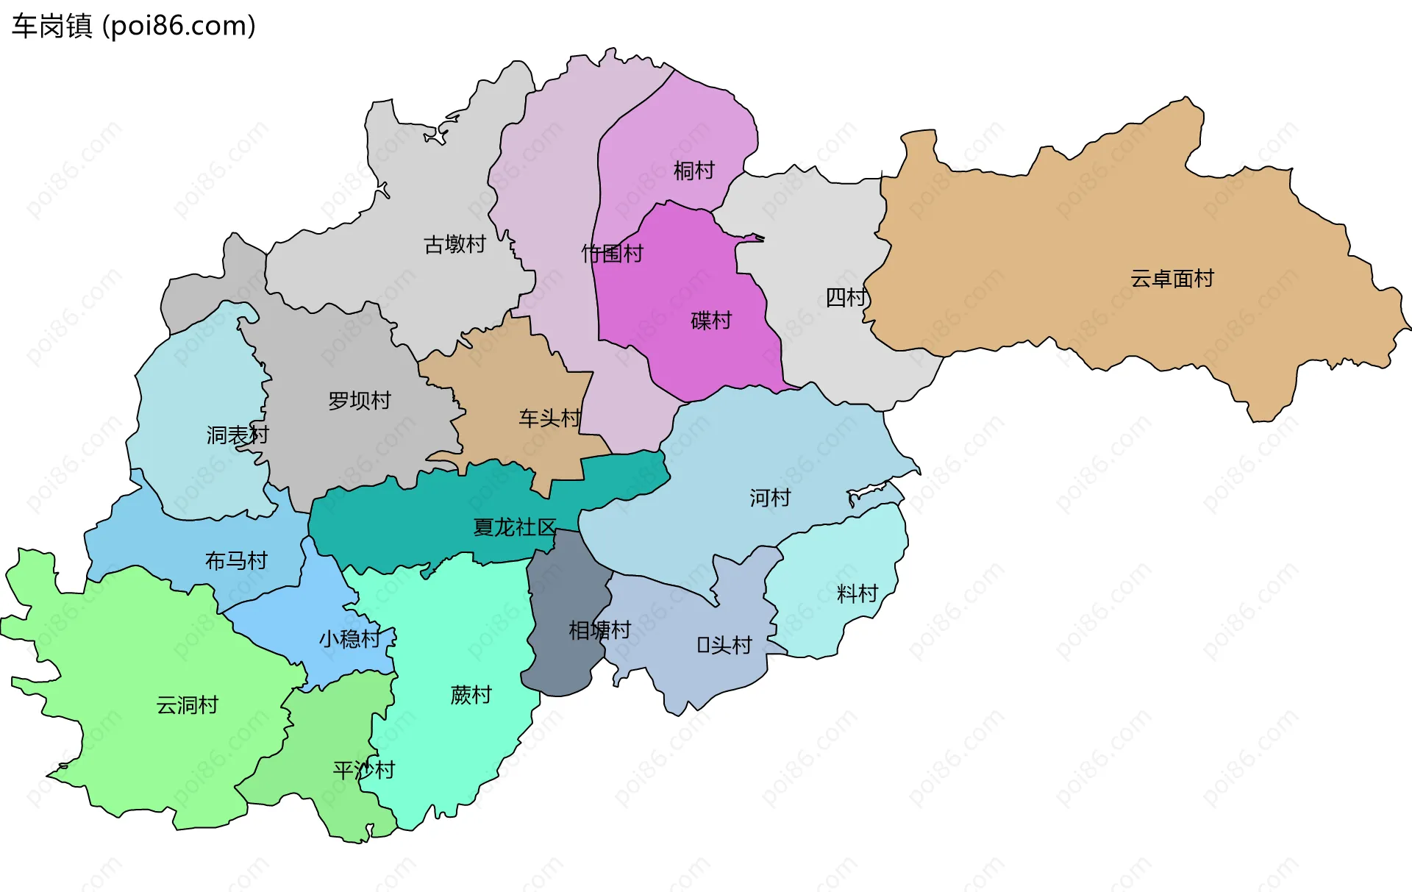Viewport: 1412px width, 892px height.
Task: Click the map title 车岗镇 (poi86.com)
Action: [x=133, y=26]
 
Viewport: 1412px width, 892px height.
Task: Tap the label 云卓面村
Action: [x=1172, y=279]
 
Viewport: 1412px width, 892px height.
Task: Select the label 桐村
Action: [x=693, y=171]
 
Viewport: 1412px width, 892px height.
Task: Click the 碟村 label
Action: [x=711, y=321]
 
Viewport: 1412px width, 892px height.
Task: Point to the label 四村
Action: [x=846, y=297]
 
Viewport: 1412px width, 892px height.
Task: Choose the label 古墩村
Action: [x=454, y=244]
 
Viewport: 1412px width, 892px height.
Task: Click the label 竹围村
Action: [x=612, y=254]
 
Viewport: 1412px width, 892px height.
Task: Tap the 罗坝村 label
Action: [x=359, y=401]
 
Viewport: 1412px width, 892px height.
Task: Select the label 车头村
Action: [x=549, y=418]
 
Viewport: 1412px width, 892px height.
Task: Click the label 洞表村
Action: [x=237, y=435]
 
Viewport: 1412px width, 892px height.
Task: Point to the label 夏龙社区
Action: [x=514, y=527]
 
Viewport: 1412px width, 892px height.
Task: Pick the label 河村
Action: [x=769, y=498]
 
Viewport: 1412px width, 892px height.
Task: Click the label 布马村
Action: [x=235, y=561]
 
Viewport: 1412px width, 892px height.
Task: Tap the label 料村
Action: [x=857, y=593]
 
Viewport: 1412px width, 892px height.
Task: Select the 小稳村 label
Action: [x=349, y=638]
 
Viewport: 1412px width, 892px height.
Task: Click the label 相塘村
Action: [x=599, y=630]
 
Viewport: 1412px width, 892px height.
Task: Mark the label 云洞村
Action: [x=187, y=705]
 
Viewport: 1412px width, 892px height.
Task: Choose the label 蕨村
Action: [x=471, y=695]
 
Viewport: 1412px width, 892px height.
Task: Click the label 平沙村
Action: [x=363, y=770]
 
